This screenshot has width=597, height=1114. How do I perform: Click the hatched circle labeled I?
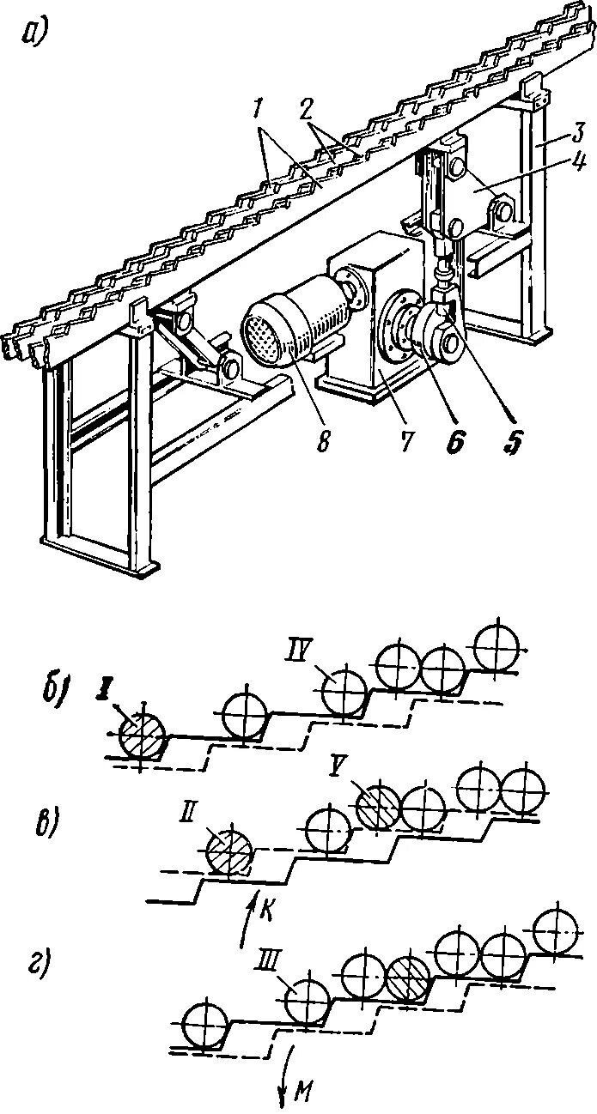click(x=142, y=736)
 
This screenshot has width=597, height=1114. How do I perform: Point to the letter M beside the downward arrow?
click(x=303, y=1090)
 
